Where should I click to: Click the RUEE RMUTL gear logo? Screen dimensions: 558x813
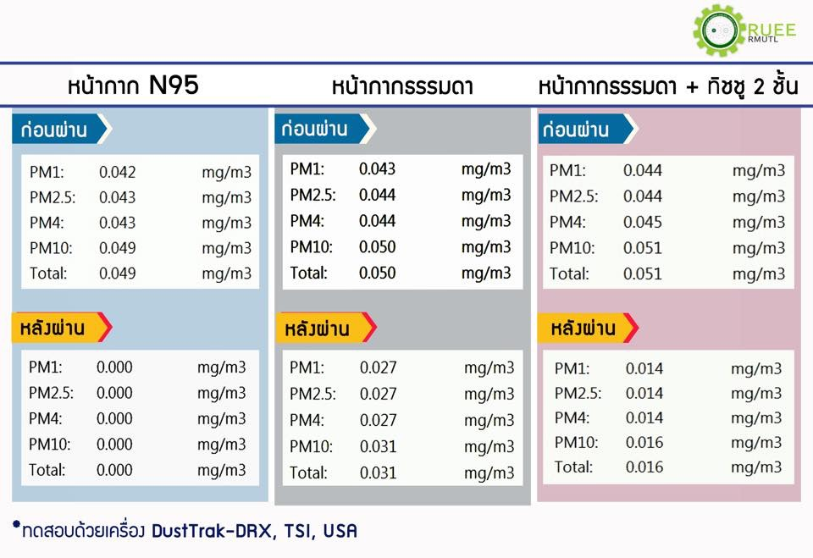click(x=720, y=30)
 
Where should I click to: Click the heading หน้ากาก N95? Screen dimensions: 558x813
click(x=133, y=86)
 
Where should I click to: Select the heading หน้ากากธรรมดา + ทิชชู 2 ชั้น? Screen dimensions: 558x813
click(x=668, y=87)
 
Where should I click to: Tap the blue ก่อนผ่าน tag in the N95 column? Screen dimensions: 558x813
click(x=59, y=130)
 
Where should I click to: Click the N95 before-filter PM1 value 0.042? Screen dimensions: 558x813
click(x=117, y=172)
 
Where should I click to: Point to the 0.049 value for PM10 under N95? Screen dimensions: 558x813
click(x=117, y=248)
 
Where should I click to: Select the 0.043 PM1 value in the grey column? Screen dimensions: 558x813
click(x=377, y=169)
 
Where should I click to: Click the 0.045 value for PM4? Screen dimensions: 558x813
click(x=642, y=222)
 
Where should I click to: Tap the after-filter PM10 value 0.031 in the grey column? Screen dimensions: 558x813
click(x=378, y=446)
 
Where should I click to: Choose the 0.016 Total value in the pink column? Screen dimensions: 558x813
click(x=644, y=467)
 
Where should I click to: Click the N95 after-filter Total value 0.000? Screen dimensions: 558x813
click(x=114, y=470)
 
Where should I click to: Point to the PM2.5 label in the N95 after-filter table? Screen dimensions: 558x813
click(x=50, y=393)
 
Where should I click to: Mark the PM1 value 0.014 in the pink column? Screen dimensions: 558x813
click(x=644, y=368)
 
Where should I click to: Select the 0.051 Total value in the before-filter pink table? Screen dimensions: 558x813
click(x=642, y=273)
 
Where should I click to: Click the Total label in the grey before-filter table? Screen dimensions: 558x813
click(x=308, y=273)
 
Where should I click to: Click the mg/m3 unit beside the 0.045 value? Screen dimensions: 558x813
click(x=759, y=222)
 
